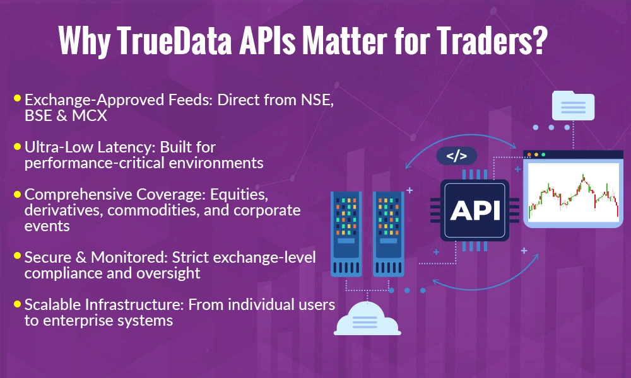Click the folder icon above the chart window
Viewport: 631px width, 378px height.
click(x=573, y=105)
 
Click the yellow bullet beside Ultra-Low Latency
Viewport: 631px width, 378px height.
click(x=18, y=146)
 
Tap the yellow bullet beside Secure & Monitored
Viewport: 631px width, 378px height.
click(x=18, y=256)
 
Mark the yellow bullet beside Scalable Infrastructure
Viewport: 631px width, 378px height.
click(x=18, y=304)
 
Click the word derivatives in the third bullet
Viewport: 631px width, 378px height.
click(x=61, y=210)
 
